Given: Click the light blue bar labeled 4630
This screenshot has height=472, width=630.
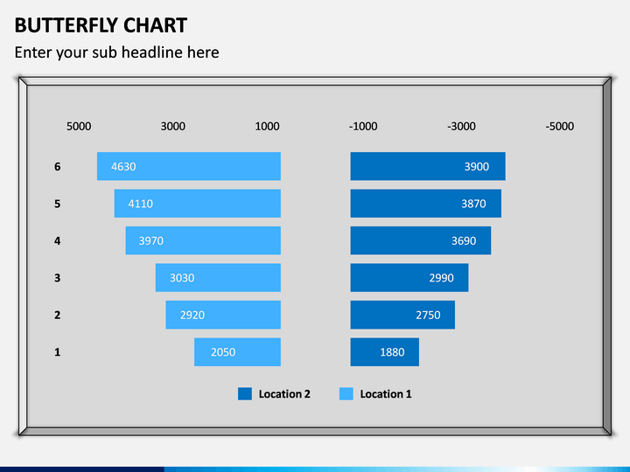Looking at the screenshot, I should point(189,166).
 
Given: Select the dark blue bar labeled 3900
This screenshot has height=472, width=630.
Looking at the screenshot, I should point(428,166).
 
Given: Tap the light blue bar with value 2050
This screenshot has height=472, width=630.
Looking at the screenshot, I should point(237,352).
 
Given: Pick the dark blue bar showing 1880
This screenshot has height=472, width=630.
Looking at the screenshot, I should point(384,352).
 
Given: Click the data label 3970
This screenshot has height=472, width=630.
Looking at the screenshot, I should point(150,240).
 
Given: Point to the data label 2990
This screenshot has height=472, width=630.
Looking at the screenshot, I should point(441,278).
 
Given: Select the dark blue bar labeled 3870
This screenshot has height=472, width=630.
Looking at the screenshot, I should point(425,204).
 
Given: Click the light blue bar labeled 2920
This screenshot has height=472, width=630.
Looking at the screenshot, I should point(223,315).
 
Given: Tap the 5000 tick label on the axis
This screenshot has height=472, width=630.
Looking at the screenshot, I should point(79,126).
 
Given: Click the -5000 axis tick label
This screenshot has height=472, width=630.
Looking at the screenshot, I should point(560,126).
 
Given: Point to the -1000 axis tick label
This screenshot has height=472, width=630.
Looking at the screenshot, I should point(363,126).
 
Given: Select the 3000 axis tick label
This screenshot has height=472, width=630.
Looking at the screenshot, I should point(173,126).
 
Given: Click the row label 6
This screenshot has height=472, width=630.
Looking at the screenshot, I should point(58,166).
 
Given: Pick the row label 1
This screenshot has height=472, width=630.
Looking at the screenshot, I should point(58,352).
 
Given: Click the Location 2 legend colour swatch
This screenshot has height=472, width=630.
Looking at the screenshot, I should point(245,394).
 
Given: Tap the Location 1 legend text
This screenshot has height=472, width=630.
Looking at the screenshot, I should point(386,394).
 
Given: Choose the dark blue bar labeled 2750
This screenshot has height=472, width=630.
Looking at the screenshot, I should point(402,315).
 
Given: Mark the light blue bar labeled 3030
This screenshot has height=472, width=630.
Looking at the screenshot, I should point(218,278).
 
